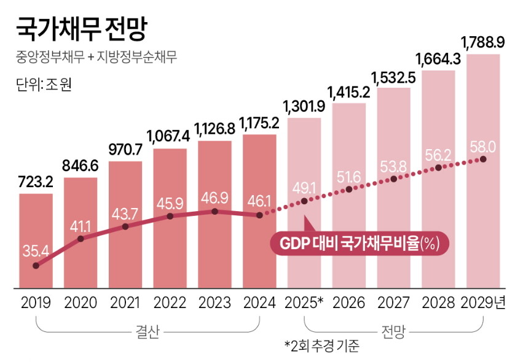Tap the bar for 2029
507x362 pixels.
[483, 172]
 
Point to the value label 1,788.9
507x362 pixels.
[483, 42]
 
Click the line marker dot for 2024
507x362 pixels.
[259, 215]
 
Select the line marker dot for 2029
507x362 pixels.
[484, 159]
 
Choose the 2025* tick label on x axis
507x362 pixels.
[304, 302]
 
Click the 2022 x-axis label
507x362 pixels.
[170, 302]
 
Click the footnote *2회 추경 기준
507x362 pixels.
[321, 347]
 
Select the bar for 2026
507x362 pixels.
[349, 196]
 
